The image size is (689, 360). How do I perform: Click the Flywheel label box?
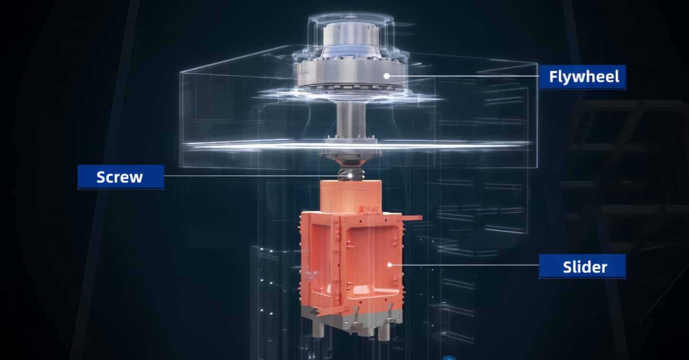pos(582,77)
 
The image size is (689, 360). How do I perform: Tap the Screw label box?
pos(121,177)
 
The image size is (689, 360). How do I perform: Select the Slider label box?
pos(582,267)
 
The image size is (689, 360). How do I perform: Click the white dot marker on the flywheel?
pos(387,76)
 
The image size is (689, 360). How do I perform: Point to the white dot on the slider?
pos(389,265)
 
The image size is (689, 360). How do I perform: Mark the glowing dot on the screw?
pos(350,175)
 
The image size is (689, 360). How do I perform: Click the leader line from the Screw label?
pos(256,176)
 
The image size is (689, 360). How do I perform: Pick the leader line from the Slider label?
pos(465,265)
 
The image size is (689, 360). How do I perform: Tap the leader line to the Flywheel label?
pos(463,76)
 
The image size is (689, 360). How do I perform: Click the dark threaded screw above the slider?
pos(351,174)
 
